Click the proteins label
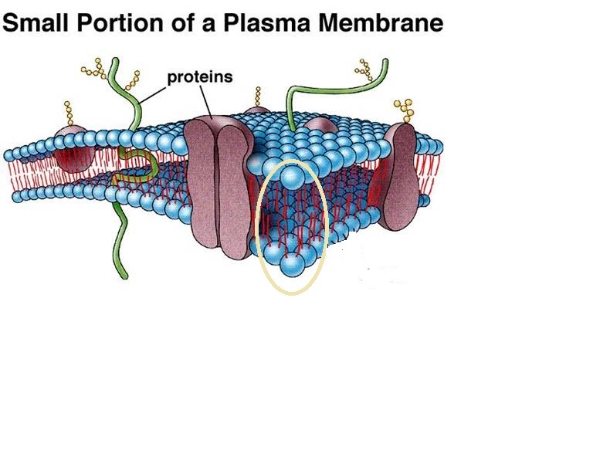point(200,77)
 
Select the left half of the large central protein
point(200,181)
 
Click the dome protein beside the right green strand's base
point(320,124)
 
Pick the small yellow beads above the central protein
point(257,96)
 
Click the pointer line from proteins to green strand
point(154,92)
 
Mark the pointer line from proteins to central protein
point(206,101)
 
